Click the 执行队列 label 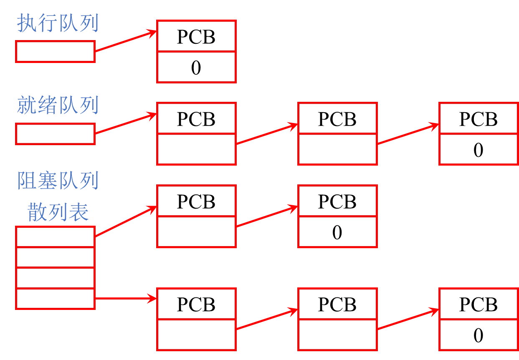click(58, 24)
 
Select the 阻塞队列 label click(58, 180)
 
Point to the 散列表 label click(58, 213)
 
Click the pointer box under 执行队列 click(55, 51)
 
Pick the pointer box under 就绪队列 click(55, 133)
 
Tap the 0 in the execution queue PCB click(196, 68)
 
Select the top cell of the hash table click(55, 237)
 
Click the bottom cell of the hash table click(55, 299)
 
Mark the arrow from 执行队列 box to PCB click(125, 41)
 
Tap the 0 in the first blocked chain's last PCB click(337, 232)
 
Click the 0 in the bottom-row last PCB click(478, 335)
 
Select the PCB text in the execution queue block click(196, 37)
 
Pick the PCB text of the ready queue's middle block click(337, 119)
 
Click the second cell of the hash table click(55, 257)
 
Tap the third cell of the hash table click(55, 278)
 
